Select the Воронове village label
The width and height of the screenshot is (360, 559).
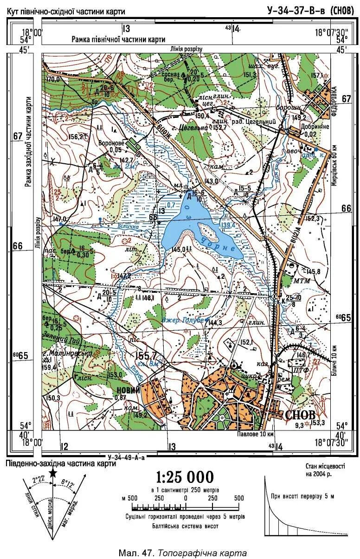110,143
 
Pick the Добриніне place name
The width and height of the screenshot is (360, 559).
316,126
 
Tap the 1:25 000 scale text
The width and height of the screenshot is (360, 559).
185,477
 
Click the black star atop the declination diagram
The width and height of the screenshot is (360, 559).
53,472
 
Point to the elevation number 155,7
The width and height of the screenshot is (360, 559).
146,356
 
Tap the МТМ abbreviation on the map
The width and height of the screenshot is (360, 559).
302,281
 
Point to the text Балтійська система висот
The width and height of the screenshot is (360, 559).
185,526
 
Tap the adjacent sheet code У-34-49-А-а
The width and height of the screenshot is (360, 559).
126,457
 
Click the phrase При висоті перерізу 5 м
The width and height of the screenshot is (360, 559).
302,496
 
